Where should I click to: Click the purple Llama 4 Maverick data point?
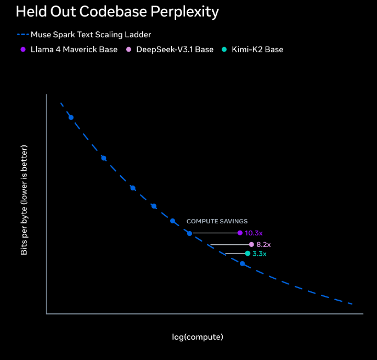[x=240, y=233]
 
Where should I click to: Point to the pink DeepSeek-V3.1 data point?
[x=251, y=244]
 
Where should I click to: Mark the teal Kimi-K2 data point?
[x=247, y=254]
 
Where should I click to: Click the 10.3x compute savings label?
[x=254, y=233]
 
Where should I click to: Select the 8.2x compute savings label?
[x=263, y=244]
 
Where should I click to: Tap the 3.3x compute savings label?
[x=260, y=254]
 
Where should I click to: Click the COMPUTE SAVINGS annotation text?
[x=217, y=221]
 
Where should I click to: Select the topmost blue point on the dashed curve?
[x=71, y=117]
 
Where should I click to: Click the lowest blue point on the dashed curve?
[x=242, y=263]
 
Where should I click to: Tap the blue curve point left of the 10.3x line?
[x=189, y=233]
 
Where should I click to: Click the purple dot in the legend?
[x=23, y=49]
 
